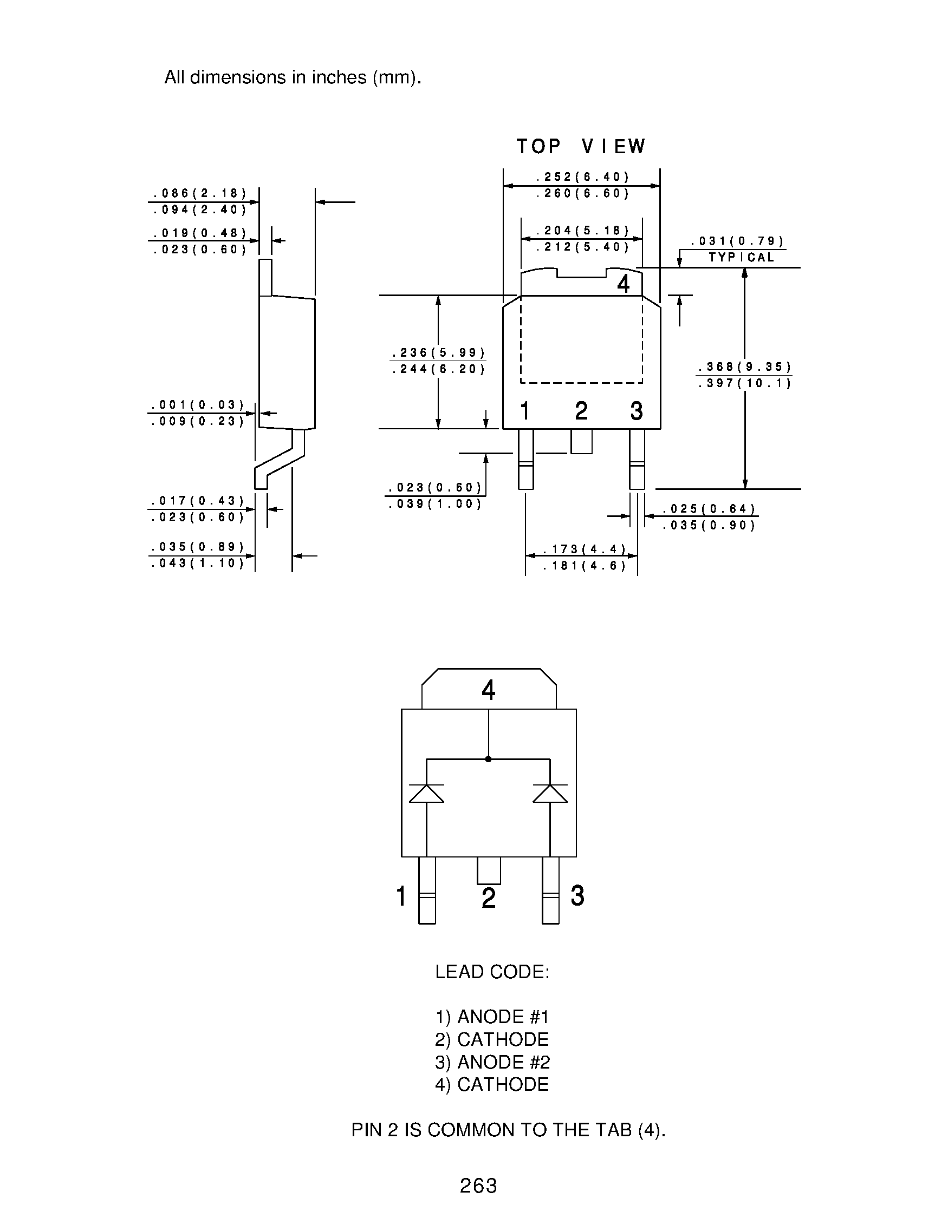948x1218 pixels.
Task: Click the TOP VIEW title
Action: (580, 147)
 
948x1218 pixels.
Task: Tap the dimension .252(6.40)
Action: (582, 178)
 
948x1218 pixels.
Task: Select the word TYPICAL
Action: (741, 258)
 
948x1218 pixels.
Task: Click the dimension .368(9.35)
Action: (744, 367)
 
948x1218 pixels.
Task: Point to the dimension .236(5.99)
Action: (439, 353)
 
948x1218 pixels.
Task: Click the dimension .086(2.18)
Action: (200, 193)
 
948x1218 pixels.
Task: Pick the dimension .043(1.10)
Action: (198, 564)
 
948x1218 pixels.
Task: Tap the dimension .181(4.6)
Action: (585, 566)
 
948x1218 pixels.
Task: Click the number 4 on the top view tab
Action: (624, 284)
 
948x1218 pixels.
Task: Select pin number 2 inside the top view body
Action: (581, 411)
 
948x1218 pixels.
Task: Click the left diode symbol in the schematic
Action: (426, 793)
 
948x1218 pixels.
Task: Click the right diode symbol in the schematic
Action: (550, 793)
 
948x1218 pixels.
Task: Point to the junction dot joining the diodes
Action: (488, 759)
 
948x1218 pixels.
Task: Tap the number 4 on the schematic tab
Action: (488, 690)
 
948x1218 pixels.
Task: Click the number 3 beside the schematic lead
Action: (577, 896)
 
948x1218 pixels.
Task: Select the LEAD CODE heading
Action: (492, 972)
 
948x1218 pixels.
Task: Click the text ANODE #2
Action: (503, 1063)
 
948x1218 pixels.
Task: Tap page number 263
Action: (478, 1186)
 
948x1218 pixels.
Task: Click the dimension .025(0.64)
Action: (709, 509)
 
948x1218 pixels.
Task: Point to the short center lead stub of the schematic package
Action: (489, 870)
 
